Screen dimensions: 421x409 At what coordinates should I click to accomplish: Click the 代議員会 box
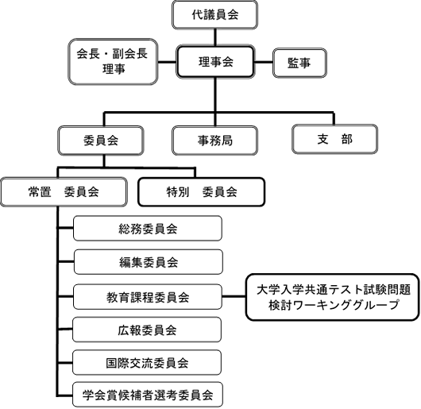click(214, 15)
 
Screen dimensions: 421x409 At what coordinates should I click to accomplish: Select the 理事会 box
click(215, 62)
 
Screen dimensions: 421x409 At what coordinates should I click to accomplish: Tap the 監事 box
click(299, 63)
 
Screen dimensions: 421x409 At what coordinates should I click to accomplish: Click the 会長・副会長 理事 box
click(113, 62)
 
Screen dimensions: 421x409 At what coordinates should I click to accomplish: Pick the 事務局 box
click(214, 141)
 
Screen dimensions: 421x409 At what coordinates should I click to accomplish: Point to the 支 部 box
click(334, 139)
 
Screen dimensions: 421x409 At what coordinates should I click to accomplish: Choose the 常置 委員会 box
click(64, 192)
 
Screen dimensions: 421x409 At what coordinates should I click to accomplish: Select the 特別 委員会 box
click(202, 192)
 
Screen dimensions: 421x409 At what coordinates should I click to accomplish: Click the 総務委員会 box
click(148, 229)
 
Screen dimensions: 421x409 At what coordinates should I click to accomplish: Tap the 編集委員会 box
click(149, 262)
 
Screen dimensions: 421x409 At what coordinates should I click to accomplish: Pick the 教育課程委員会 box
click(148, 297)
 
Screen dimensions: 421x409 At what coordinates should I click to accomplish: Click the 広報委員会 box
click(147, 330)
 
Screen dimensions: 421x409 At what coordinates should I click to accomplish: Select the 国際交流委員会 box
click(147, 363)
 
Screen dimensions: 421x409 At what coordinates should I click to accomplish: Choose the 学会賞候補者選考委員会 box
click(148, 395)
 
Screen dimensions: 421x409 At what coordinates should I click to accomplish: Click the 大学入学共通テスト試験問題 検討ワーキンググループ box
click(333, 297)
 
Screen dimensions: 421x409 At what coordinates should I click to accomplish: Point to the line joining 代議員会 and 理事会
click(215, 37)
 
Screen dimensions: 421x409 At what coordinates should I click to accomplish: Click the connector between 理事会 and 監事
click(264, 62)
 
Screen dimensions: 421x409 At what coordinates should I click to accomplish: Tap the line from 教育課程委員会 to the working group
click(234, 296)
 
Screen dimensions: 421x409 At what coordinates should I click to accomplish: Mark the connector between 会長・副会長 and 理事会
click(167, 62)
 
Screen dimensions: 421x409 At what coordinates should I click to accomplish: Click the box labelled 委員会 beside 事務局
click(101, 141)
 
